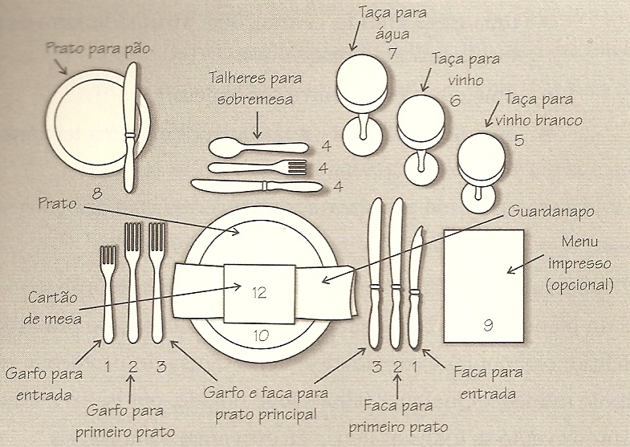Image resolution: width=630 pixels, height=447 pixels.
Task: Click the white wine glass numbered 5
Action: [x=484, y=165]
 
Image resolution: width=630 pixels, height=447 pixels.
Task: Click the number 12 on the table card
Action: [x=258, y=293]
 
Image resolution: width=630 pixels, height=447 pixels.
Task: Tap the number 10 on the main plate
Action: [x=261, y=335]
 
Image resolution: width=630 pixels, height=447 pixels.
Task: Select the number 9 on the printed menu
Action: [x=488, y=324]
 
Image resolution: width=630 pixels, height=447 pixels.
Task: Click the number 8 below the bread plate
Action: [x=98, y=193]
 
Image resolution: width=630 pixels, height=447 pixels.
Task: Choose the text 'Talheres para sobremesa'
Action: [x=252, y=90]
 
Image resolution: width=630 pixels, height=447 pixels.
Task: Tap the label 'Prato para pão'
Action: [x=98, y=49]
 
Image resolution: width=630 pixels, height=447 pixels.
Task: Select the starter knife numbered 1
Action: [x=415, y=289]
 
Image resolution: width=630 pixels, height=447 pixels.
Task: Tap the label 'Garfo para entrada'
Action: [x=38, y=384]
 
